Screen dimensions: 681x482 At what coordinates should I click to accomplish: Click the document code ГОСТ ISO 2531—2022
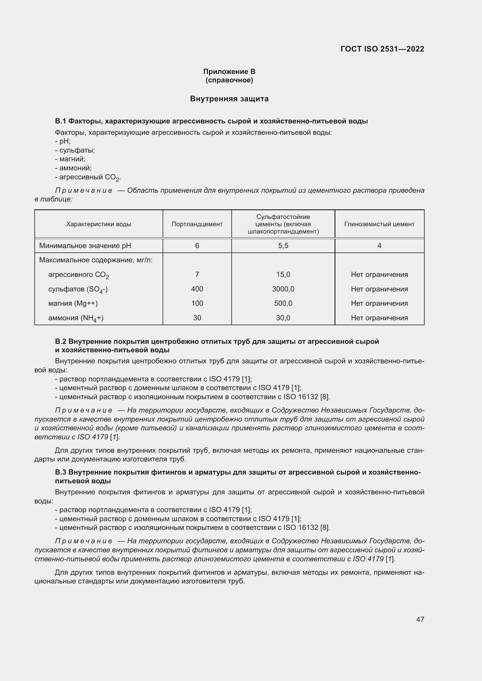click(x=382, y=49)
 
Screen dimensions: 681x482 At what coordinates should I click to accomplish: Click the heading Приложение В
click(x=229, y=72)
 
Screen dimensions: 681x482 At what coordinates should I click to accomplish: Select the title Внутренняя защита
click(x=229, y=99)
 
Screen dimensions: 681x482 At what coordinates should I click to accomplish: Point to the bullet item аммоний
click(x=75, y=168)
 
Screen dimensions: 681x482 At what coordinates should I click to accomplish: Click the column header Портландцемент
click(x=197, y=224)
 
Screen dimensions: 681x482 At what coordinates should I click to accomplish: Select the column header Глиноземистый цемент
click(x=379, y=224)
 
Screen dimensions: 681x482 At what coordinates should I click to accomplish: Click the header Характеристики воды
click(x=98, y=224)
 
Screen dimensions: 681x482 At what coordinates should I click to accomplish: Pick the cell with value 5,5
click(x=283, y=246)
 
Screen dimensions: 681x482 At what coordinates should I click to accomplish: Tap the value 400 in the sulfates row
click(x=197, y=289)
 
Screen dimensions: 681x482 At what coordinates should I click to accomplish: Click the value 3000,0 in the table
click(x=283, y=289)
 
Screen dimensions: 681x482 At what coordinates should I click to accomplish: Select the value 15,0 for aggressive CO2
click(x=283, y=275)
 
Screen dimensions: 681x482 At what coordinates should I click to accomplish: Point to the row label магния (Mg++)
click(x=73, y=303)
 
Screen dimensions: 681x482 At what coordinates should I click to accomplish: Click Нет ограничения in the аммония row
click(x=379, y=318)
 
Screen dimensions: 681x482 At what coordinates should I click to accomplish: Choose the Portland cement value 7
click(x=197, y=275)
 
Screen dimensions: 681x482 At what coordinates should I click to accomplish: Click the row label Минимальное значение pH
click(x=85, y=246)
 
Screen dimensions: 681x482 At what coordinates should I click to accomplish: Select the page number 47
click(x=420, y=619)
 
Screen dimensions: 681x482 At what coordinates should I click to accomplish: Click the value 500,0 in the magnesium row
click(x=283, y=303)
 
